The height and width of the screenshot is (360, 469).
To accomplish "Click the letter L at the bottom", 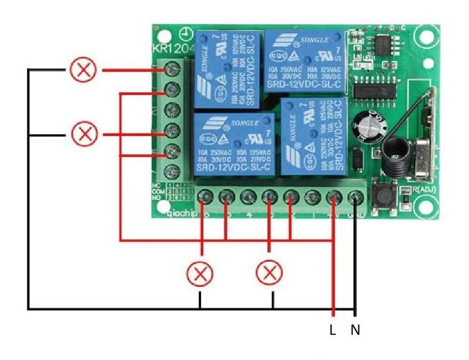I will tap(333, 330).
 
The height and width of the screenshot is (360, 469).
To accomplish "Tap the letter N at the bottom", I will tap(355, 330).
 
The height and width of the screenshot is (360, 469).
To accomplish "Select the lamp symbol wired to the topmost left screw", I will tap(83, 69).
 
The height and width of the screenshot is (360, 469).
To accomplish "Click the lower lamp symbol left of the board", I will tap(83, 134).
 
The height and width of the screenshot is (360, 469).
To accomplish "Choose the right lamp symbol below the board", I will tap(269, 273).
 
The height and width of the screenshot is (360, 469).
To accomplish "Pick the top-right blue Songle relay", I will tap(304, 61).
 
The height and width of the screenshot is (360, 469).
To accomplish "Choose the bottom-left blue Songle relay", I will tap(234, 143).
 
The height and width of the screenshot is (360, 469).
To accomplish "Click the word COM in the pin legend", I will tap(159, 191).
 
